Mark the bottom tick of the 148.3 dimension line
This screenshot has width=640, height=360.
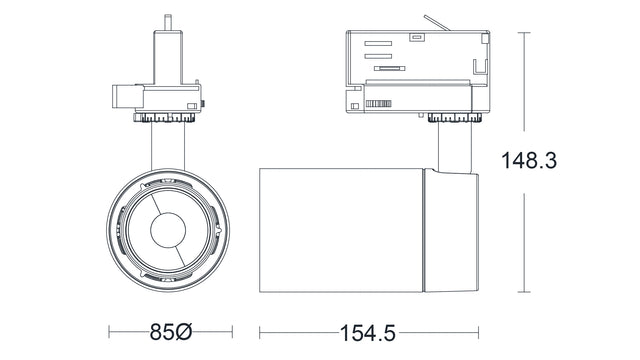(x=527, y=293)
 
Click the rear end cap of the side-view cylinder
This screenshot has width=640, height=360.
(x=450, y=231)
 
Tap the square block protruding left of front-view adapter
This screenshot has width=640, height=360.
(x=121, y=97)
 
